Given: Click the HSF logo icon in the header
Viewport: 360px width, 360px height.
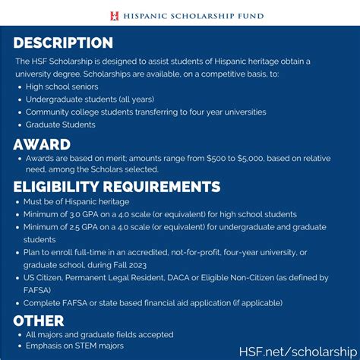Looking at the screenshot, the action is [x=115, y=14].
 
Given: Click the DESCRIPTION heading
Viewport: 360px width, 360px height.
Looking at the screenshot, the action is [x=63, y=43].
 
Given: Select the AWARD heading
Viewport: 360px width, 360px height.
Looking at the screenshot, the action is [x=42, y=144].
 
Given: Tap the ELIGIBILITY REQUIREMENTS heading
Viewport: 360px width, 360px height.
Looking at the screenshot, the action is [x=117, y=187].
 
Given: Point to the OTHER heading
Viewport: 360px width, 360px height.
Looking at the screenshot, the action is [x=39, y=320].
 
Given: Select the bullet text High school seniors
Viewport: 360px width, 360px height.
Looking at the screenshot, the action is [x=62, y=87].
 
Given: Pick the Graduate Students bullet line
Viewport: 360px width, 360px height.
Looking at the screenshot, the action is [x=62, y=124].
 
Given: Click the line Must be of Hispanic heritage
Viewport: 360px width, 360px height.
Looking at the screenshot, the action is [x=77, y=201].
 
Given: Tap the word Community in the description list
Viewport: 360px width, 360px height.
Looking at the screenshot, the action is [x=49, y=112].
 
